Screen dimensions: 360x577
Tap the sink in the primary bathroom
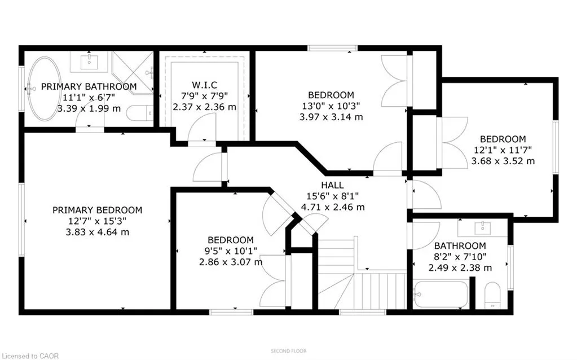point(90,60)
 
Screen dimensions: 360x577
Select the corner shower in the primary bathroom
point(133,71)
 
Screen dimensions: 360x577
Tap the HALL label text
point(333,185)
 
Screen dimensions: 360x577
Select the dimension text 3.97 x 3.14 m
point(331,117)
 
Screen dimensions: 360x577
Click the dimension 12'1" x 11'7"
point(503,150)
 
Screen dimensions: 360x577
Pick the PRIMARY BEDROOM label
point(97,210)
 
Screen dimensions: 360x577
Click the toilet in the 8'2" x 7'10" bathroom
point(493,295)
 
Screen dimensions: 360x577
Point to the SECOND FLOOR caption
point(288,351)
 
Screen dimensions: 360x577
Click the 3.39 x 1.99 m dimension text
point(89,108)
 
